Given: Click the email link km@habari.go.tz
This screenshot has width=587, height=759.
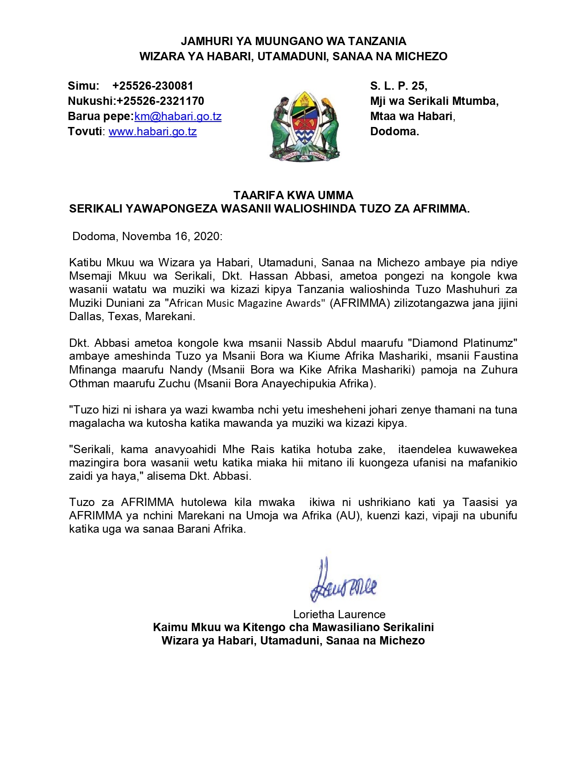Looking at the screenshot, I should tap(178, 116).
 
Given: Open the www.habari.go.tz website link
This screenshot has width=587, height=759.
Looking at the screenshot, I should tap(152, 132).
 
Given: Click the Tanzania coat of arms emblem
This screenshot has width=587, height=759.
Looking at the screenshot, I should tap(305, 126).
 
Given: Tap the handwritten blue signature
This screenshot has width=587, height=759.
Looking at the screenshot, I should tap(343, 581).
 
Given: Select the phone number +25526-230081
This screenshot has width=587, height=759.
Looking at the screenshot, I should tap(152, 86).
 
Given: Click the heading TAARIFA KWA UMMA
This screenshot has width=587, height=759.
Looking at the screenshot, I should tap(293, 195).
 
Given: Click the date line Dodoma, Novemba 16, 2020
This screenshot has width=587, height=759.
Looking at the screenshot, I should tap(147, 236).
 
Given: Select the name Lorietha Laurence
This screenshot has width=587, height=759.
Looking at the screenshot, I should tap(339, 614).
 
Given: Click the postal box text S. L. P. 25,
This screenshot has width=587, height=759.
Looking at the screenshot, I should tap(399, 86).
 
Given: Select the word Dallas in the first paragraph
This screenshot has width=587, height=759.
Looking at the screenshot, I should tap(85, 316).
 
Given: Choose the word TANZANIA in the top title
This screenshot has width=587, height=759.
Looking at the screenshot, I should tap(377, 41).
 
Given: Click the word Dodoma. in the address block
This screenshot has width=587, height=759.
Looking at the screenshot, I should tap(395, 132).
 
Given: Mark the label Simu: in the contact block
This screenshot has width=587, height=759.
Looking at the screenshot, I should tap(83, 86).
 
